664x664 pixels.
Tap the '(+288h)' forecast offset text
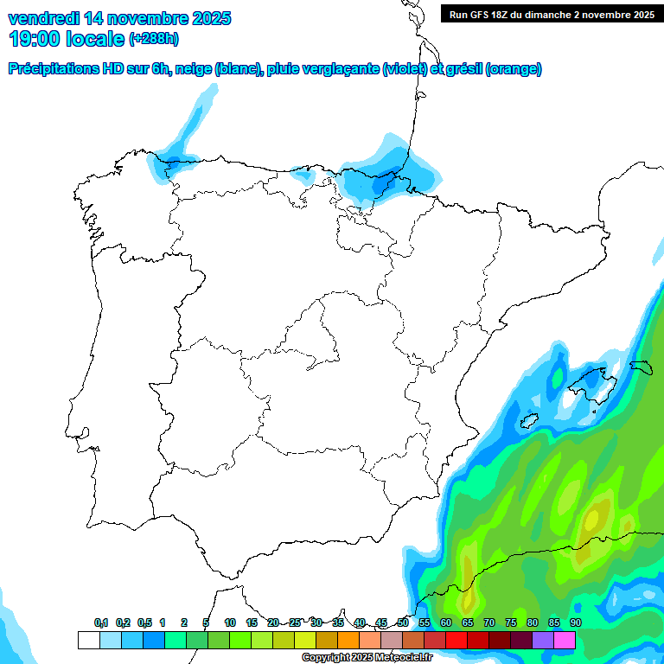154,39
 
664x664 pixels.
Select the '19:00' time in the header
34,39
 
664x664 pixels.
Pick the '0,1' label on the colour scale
101,622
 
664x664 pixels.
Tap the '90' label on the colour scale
576,622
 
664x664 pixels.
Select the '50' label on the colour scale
403,622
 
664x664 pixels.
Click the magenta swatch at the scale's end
565,640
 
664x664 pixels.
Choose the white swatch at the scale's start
88,640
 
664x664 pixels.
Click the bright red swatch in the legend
456,640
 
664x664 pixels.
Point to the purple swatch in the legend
542,640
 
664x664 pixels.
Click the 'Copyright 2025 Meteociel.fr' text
367,657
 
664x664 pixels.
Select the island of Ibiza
528,420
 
